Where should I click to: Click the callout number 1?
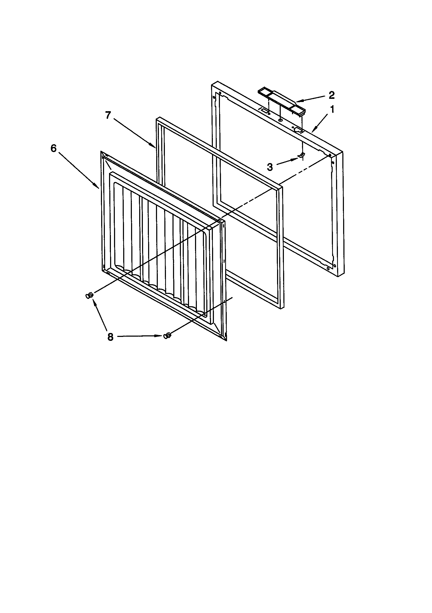pos(332,110)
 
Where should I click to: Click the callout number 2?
pos(331,95)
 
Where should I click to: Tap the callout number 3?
pos(270,167)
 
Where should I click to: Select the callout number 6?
pos(54,148)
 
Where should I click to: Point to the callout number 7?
pos(108,116)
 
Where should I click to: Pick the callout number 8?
pos(110,337)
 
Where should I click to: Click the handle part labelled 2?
pos(282,103)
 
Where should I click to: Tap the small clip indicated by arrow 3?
pos(301,156)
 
